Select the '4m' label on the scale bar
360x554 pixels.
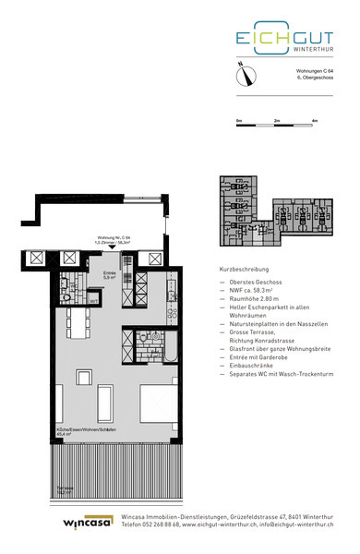pos(314,121)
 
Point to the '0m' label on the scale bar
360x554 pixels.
pos(238,121)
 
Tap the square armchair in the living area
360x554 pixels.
pos(107,400)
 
